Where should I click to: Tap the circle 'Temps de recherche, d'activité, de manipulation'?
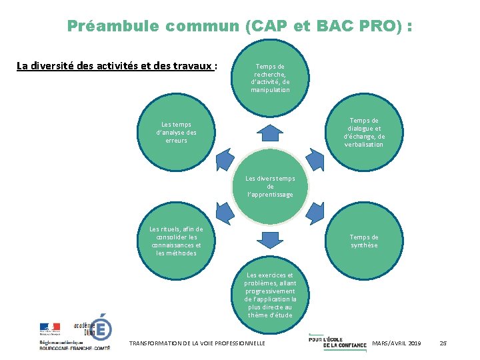(270, 77)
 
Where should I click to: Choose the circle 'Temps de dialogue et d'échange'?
(364, 132)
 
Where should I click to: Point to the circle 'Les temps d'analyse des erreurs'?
(176, 132)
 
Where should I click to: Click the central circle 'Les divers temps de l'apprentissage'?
(270, 187)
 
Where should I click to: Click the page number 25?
(443, 343)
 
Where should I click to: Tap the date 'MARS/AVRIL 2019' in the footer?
(397, 343)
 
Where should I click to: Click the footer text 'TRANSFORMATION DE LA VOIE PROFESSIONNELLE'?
(197, 343)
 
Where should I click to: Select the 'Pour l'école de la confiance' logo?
(337, 341)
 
